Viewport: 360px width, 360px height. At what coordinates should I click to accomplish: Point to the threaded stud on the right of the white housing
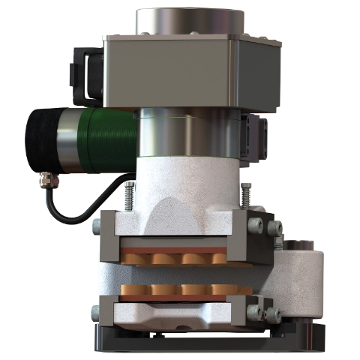click(x=245, y=196)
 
